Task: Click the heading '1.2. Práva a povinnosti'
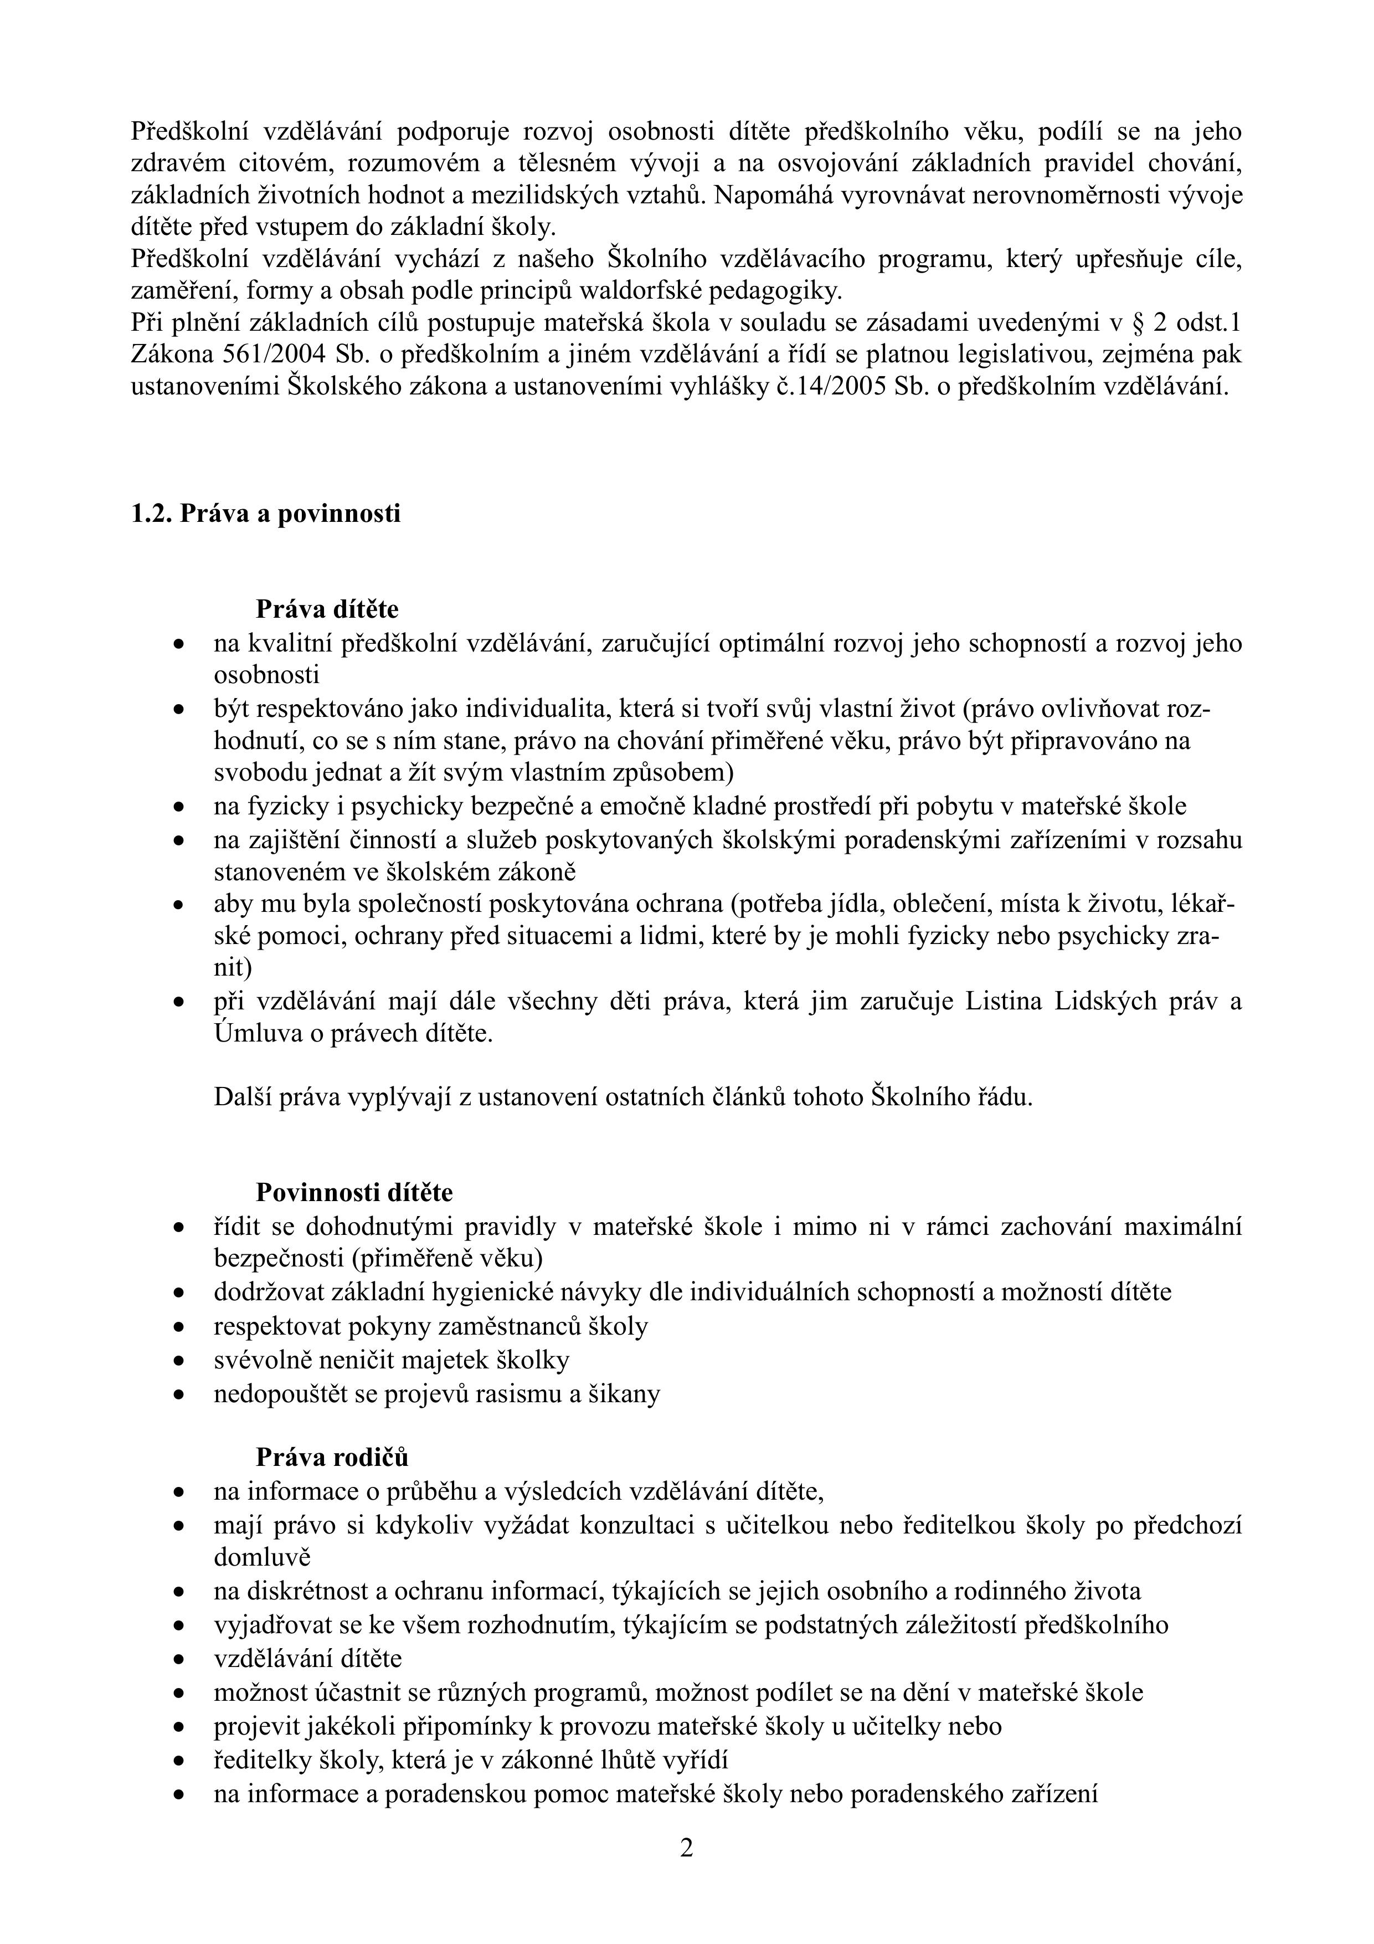point(266,514)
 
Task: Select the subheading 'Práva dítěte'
point(327,609)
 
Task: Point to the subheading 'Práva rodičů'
point(332,1457)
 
